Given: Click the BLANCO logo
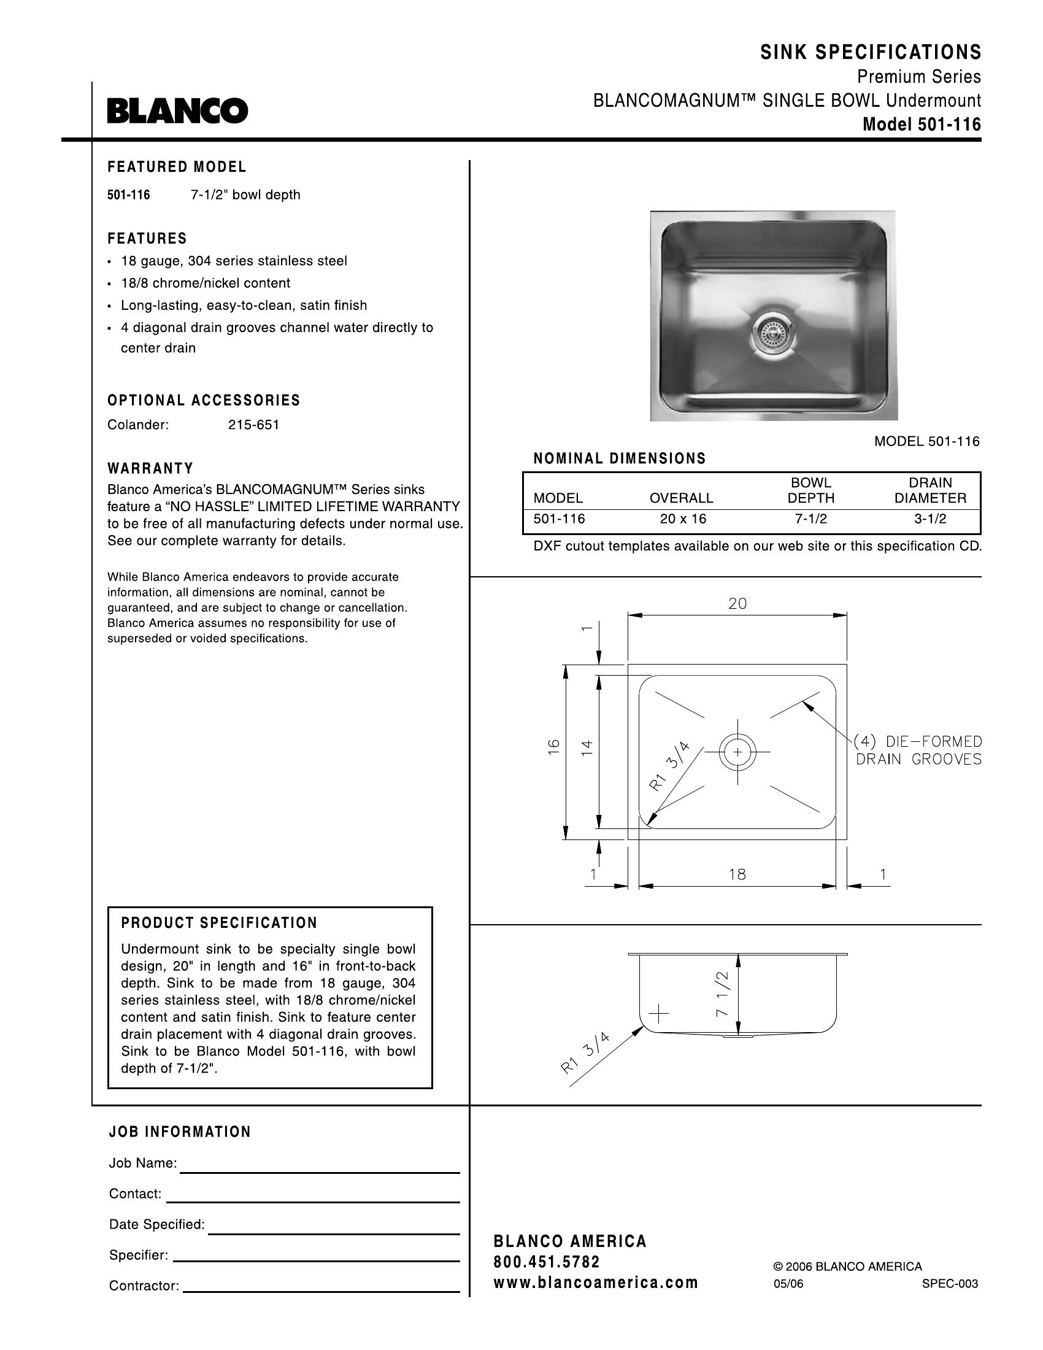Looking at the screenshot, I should pos(177,111).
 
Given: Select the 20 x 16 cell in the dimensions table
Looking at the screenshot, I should pos(682,519).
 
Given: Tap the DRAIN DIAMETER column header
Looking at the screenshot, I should pos(930,490).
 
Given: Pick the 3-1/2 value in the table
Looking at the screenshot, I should pos(930,519).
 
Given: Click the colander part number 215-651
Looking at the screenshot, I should pos(253,425).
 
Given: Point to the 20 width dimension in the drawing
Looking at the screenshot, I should pos(737,604).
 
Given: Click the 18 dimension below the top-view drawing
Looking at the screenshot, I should pos(737,874).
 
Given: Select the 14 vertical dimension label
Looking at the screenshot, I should pos(587,747).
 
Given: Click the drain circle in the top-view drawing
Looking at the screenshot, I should pos(737,752).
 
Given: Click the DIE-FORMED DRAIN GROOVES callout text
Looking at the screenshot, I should pos(918,750).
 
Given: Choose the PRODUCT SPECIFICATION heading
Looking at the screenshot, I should pos(219,924).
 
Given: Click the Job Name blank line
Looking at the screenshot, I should pos(319,1172).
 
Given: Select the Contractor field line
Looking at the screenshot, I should pos(321,1292).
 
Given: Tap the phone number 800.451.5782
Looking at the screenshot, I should pos(546,1262).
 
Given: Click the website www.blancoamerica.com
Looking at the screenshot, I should pos(596,1282).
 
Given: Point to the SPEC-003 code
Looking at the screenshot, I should pos(950,1284).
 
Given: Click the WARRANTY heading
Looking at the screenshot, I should pos(150,469).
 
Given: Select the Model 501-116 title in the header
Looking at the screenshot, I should pos(922,125).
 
